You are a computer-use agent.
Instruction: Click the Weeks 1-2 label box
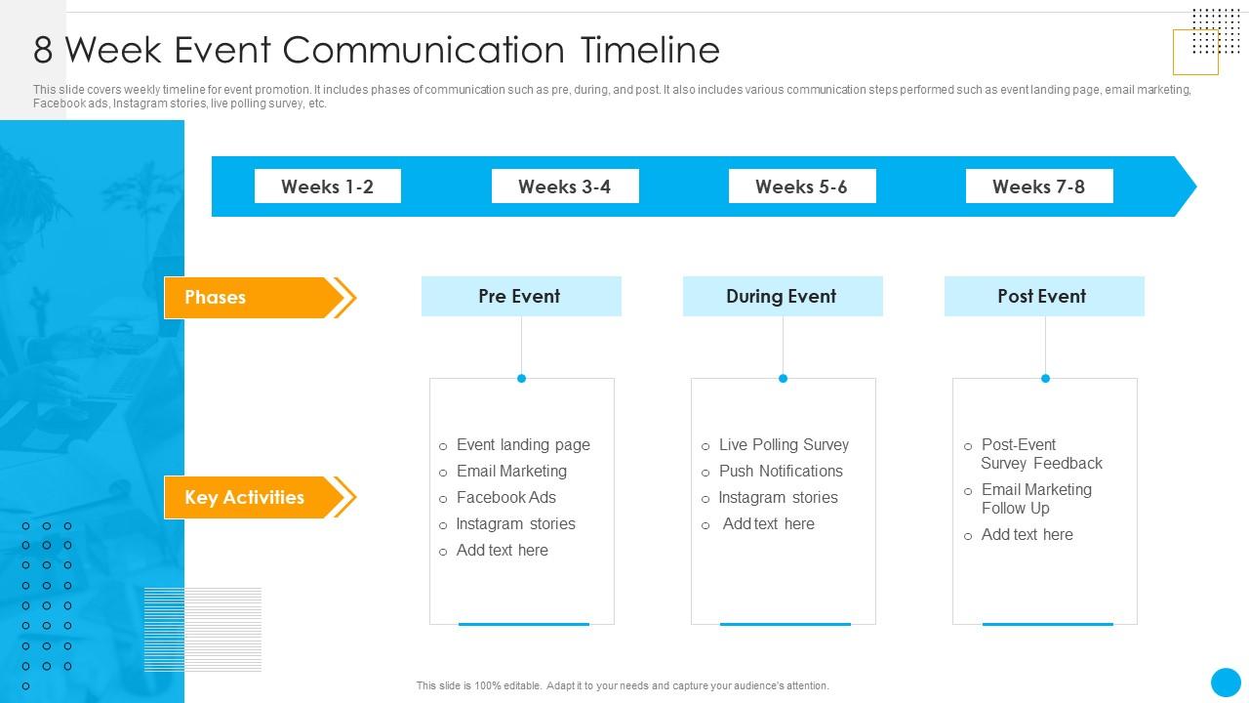click(x=327, y=186)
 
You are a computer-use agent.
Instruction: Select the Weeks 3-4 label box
click(x=564, y=186)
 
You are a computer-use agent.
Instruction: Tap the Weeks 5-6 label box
click(x=801, y=186)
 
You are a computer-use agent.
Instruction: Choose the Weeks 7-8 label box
click(x=1038, y=186)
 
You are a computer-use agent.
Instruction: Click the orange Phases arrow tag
click(x=249, y=298)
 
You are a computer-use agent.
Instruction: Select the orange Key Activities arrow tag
click(x=249, y=497)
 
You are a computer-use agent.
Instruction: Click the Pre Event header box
click(x=520, y=296)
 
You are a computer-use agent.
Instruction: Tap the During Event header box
click(x=782, y=296)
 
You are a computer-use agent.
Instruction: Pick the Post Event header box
click(x=1043, y=296)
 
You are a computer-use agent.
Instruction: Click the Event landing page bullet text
click(x=523, y=445)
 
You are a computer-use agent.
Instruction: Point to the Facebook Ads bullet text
click(x=505, y=498)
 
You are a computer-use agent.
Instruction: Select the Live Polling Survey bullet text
click(x=784, y=445)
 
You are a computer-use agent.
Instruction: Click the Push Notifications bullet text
click(x=781, y=472)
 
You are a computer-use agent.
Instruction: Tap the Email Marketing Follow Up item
click(x=1035, y=499)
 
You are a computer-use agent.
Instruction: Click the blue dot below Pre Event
click(x=521, y=379)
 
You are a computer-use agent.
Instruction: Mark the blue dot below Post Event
click(x=1045, y=379)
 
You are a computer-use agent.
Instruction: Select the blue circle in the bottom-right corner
click(x=1226, y=682)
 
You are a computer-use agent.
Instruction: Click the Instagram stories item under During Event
click(x=778, y=498)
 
